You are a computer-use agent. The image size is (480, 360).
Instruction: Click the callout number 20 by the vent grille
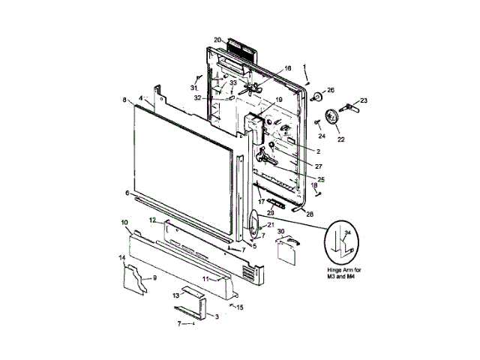(217, 40)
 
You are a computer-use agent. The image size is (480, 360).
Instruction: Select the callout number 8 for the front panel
(124, 100)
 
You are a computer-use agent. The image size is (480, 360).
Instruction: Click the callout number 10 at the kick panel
(124, 222)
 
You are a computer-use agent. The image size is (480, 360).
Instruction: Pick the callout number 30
(281, 232)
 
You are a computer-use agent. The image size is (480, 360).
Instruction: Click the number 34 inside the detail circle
(346, 232)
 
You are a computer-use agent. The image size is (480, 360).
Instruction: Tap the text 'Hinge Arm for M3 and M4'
(345, 273)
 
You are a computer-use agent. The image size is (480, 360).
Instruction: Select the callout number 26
(331, 91)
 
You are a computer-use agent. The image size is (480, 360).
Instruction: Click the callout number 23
(364, 100)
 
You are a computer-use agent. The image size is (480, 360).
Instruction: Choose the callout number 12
(151, 220)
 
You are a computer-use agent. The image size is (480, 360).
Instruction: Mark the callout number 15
(240, 307)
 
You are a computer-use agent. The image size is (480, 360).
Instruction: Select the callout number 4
(140, 98)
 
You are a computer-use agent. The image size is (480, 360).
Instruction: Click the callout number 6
(127, 193)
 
